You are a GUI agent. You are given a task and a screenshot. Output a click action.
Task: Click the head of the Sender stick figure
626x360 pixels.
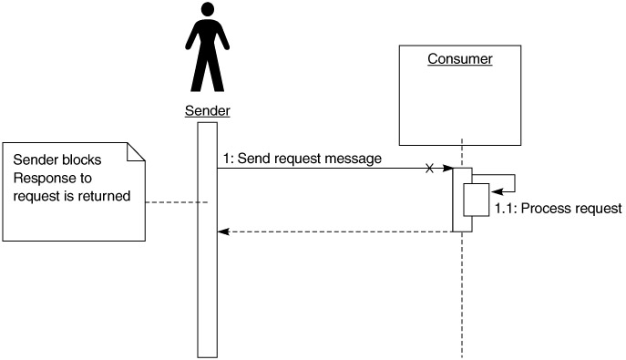(x=208, y=9)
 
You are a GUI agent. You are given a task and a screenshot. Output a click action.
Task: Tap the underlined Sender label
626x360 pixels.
(x=208, y=110)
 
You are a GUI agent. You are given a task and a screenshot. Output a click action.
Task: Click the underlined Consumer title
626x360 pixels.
(x=460, y=58)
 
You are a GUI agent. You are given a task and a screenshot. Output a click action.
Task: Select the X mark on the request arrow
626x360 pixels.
(x=429, y=169)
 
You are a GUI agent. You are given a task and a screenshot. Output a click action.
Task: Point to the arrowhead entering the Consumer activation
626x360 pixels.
(x=448, y=169)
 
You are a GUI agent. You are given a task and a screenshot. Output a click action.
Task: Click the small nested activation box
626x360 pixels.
(x=477, y=200)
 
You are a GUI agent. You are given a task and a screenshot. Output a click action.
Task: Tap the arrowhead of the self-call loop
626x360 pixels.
(x=498, y=192)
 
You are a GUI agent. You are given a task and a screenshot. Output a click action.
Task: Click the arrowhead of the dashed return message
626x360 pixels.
(x=223, y=231)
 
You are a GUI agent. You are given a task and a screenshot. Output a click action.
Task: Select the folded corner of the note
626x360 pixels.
(x=136, y=151)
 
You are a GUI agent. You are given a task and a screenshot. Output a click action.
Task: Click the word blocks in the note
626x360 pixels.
(x=82, y=159)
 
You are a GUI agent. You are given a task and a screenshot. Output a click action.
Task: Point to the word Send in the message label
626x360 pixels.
(x=252, y=159)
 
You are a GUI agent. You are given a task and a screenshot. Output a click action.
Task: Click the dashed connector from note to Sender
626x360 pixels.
(x=176, y=202)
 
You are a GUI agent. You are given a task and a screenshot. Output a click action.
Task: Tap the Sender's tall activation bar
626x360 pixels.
(x=208, y=240)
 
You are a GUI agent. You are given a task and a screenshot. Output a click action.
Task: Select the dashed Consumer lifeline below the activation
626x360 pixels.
(x=462, y=294)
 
